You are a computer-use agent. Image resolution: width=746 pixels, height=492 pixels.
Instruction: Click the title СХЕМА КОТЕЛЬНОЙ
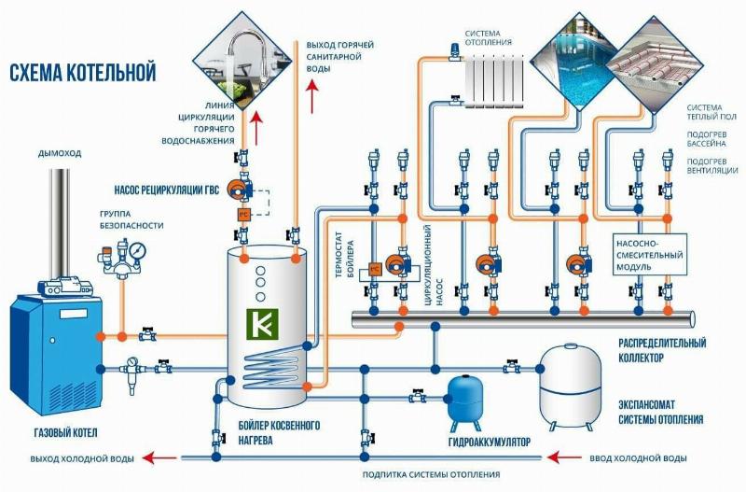point(83,73)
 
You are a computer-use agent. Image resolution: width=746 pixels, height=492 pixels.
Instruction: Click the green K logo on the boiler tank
point(263,324)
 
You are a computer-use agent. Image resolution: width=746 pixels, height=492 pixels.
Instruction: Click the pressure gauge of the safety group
point(137,250)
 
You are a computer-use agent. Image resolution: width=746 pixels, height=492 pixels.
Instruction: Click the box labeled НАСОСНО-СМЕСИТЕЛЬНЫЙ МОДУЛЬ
point(649,254)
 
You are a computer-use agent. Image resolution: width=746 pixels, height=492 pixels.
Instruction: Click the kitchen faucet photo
point(238,61)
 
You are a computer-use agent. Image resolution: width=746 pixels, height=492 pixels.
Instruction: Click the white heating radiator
point(494,80)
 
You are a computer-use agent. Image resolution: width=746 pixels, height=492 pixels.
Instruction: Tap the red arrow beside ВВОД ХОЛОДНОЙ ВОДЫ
point(564,457)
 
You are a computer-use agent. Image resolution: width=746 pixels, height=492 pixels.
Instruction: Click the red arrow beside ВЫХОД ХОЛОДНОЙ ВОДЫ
point(160,457)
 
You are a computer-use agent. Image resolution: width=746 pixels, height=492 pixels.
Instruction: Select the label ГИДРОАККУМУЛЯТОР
point(489,443)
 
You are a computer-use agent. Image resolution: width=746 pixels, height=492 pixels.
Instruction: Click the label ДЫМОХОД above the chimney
point(60,153)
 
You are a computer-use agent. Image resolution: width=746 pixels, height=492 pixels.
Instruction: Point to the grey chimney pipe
point(61,223)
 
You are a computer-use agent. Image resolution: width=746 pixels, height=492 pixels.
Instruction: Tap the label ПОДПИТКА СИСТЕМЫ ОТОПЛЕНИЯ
point(431,474)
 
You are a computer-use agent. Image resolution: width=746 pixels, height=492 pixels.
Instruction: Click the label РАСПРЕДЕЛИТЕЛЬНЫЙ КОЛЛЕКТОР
point(662,350)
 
